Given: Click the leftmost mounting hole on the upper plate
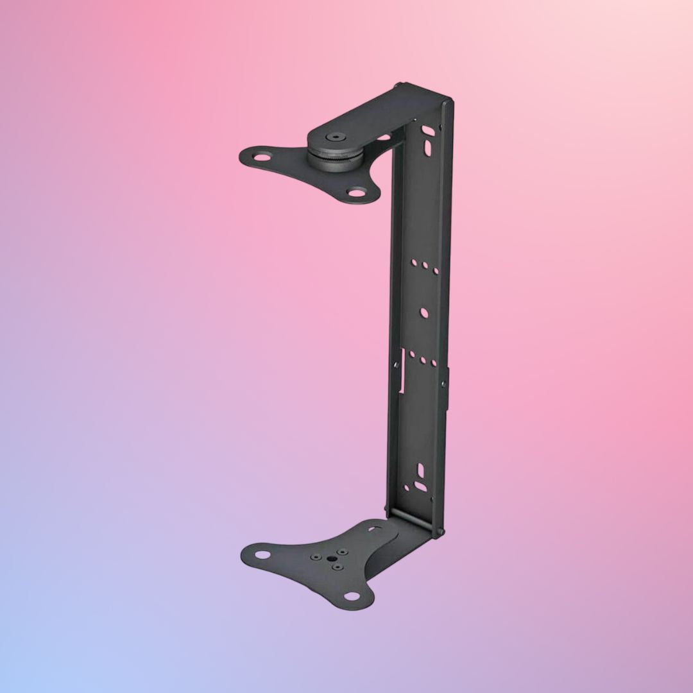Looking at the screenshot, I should tap(262, 155).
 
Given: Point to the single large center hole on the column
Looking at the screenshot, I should tap(424, 312).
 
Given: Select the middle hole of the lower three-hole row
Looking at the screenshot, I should tap(422, 359).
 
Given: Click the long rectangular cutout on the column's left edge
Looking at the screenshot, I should tap(402, 371).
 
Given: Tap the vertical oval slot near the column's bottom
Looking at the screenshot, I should tap(420, 471).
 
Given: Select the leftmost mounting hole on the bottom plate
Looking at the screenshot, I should tap(262, 554).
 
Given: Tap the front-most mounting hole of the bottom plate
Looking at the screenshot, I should tap(351, 596).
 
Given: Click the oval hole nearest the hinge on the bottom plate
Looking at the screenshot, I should tap(375, 529).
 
